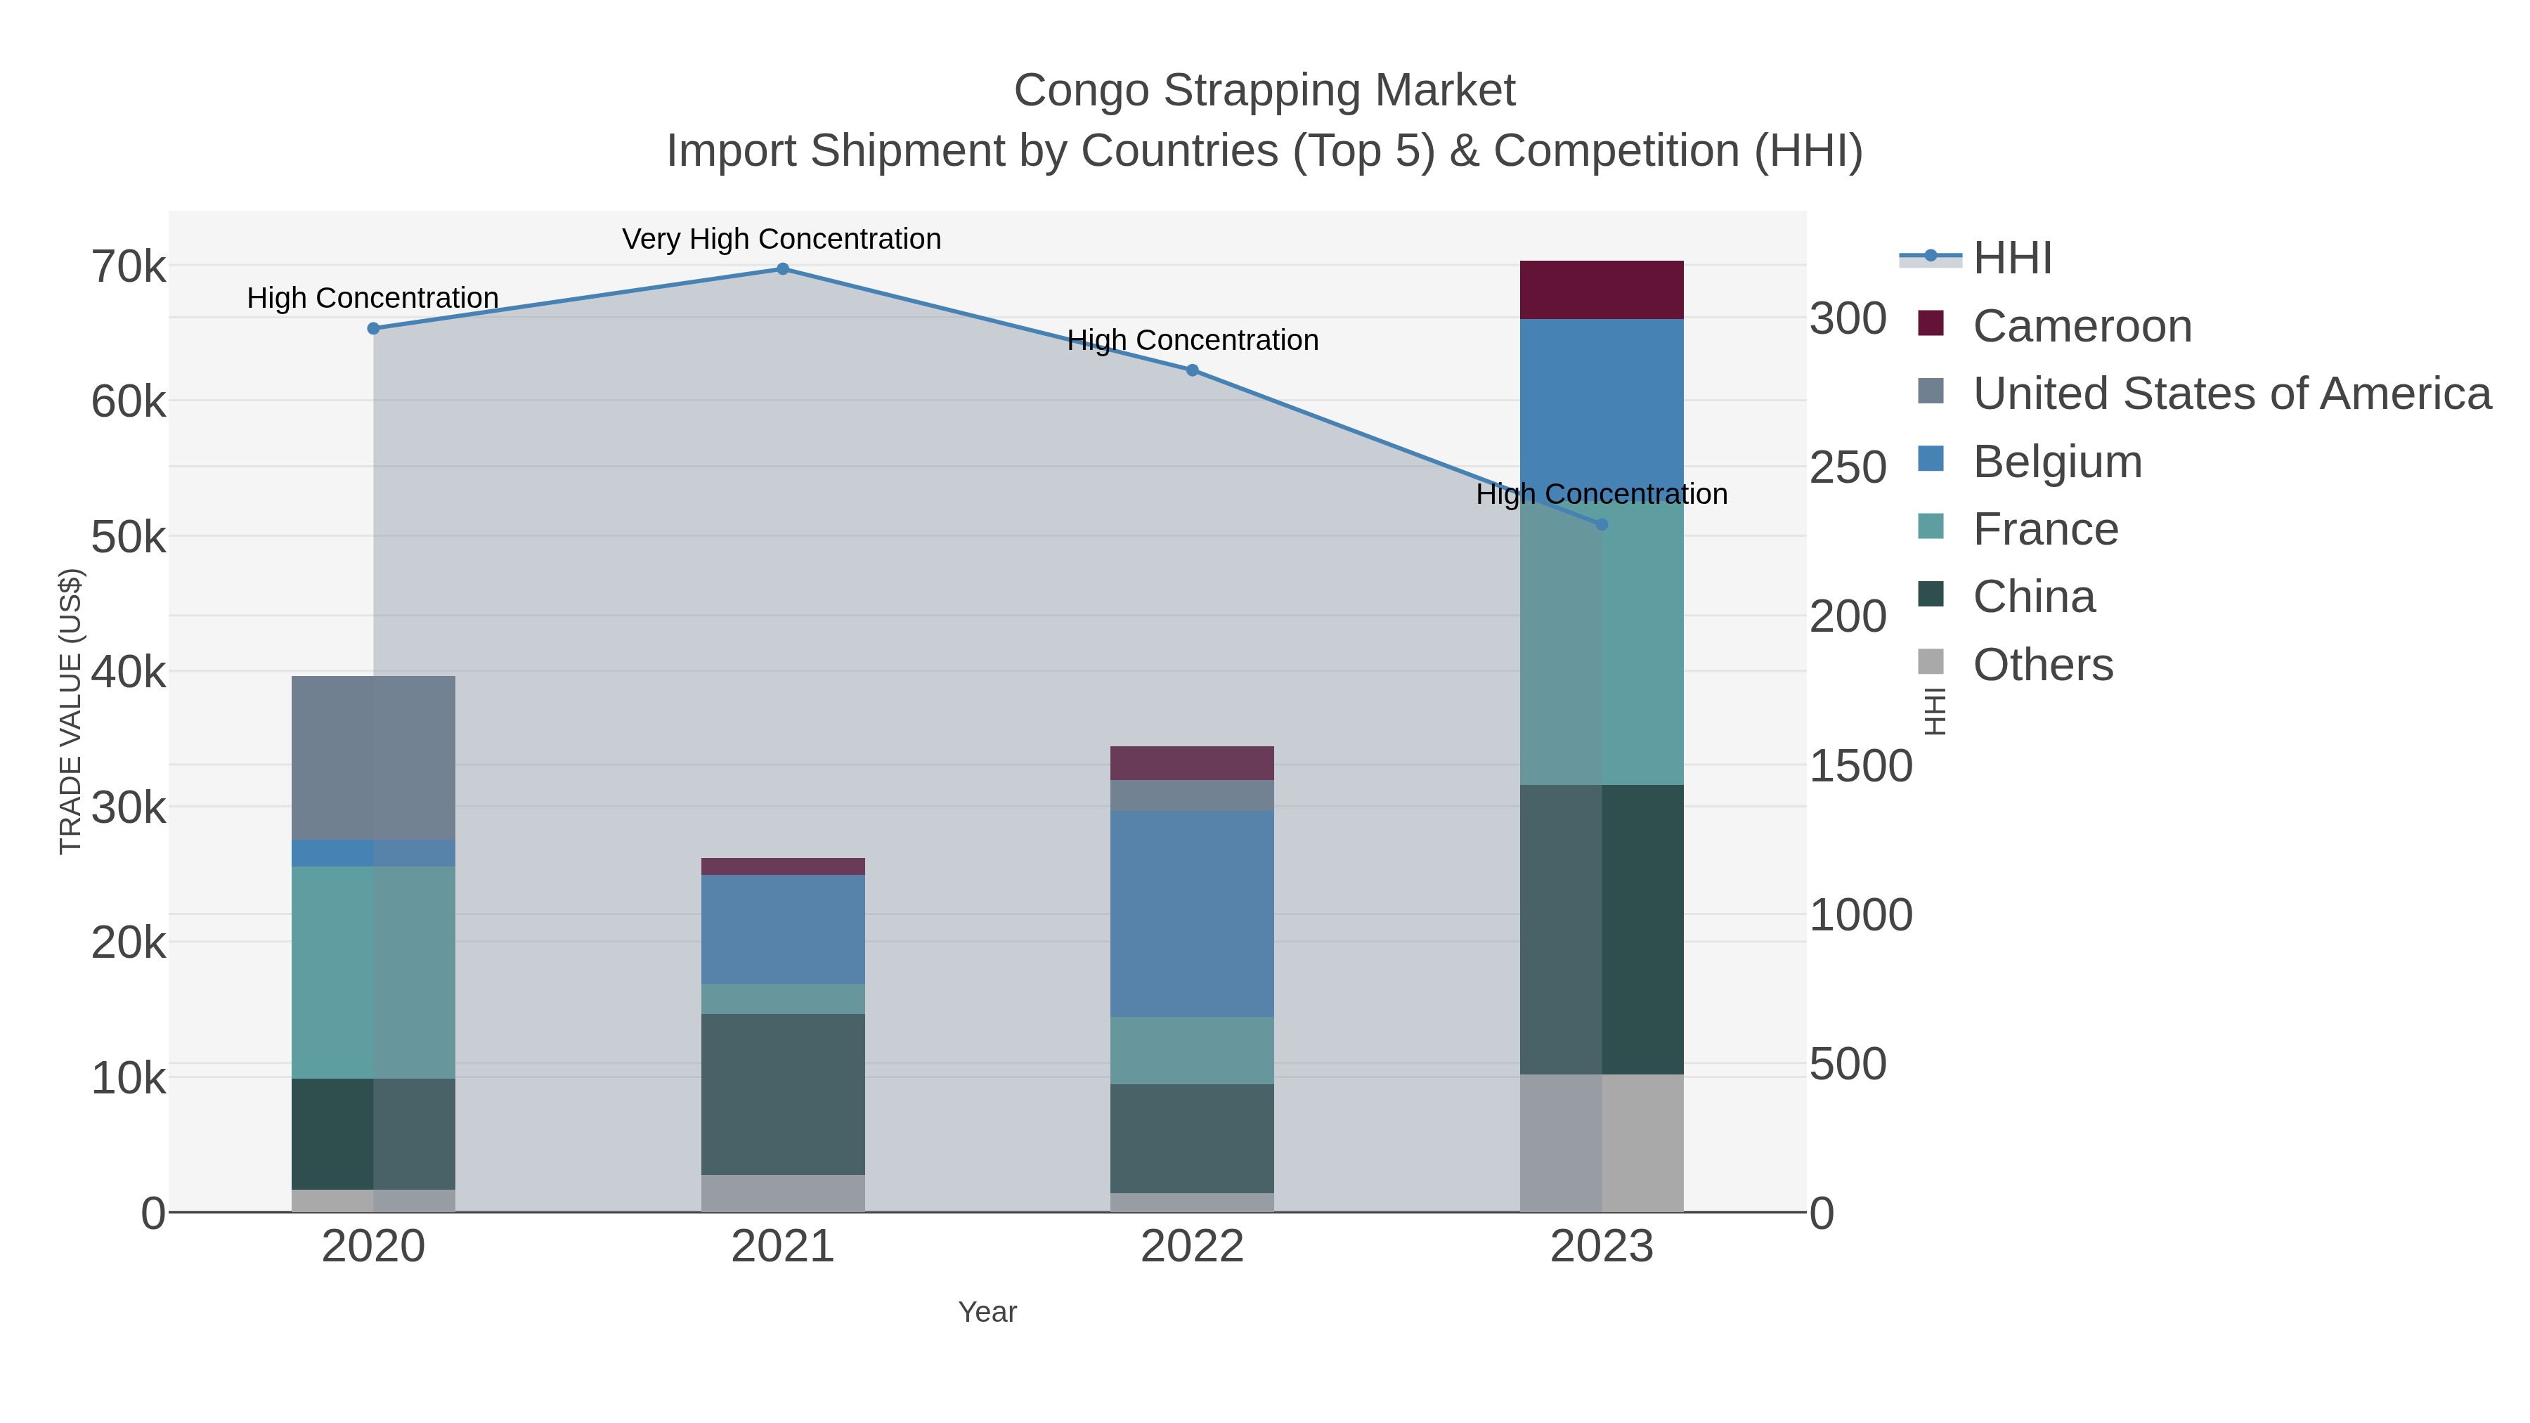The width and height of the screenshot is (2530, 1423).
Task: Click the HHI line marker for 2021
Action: pyautogui.click(x=783, y=269)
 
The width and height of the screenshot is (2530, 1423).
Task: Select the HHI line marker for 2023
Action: pyautogui.click(x=1602, y=524)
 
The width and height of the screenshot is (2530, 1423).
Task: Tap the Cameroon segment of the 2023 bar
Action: pyautogui.click(x=1602, y=290)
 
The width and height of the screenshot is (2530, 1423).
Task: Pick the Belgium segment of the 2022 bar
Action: pyautogui.click(x=1193, y=914)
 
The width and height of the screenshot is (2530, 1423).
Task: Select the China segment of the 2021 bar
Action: pyautogui.click(x=783, y=1094)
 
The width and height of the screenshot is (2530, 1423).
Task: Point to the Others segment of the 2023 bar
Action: pyautogui.click(x=1602, y=1143)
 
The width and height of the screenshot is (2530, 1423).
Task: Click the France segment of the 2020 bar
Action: pyautogui.click(x=373, y=973)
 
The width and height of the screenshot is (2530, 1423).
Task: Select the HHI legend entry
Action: pyautogui.click(x=2011, y=259)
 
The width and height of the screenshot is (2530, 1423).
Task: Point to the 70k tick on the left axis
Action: pyautogui.click(x=129, y=267)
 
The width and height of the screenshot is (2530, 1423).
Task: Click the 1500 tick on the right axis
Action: pyautogui.click(x=1860, y=766)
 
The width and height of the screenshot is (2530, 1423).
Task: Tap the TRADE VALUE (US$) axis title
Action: pyautogui.click(x=71, y=711)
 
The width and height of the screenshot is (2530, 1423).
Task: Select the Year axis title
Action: pyautogui.click(x=987, y=1312)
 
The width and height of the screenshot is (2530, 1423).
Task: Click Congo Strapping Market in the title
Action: pyautogui.click(x=1264, y=91)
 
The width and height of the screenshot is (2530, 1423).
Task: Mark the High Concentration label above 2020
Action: pyautogui.click(x=372, y=297)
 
